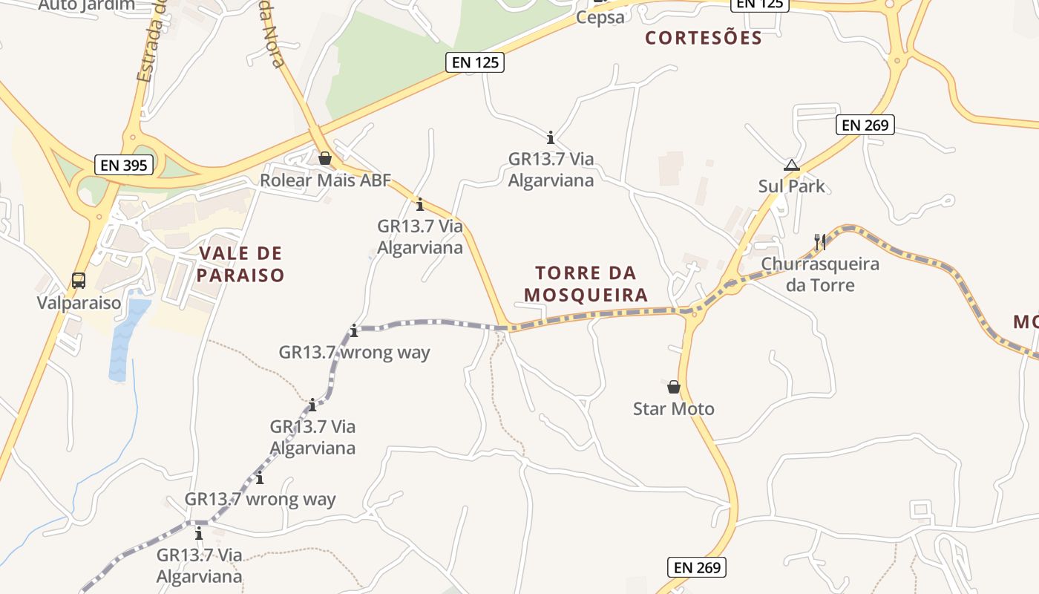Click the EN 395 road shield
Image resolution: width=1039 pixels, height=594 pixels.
click(x=124, y=164)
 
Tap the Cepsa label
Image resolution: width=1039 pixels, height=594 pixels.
click(x=600, y=18)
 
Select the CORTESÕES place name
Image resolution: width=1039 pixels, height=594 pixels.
click(x=703, y=38)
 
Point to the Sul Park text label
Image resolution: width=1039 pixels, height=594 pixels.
click(x=791, y=186)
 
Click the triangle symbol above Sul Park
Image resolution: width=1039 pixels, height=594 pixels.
click(x=791, y=165)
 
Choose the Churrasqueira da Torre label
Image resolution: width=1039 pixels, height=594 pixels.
click(x=820, y=274)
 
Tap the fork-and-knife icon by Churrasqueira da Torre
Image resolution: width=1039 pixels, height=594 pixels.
click(x=820, y=241)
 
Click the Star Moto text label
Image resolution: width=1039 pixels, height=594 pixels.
click(x=673, y=408)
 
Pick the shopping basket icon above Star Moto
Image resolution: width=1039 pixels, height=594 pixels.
click(x=673, y=387)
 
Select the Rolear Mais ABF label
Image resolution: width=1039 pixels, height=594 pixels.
click(x=324, y=180)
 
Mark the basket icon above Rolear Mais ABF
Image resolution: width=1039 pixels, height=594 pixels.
click(x=324, y=158)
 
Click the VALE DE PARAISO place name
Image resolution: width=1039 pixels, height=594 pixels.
click(x=241, y=264)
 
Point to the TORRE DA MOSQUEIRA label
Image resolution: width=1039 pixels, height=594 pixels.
click(x=586, y=284)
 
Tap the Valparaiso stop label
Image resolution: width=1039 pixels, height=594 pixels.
click(x=79, y=303)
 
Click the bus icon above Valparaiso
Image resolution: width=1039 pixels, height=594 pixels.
click(x=79, y=281)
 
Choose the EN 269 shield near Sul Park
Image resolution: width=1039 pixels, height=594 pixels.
click(x=865, y=125)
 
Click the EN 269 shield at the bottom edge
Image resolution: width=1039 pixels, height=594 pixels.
click(x=696, y=567)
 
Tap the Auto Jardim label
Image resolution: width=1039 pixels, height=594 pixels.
click(x=87, y=5)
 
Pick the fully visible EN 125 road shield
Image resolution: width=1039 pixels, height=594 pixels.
click(x=476, y=62)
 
